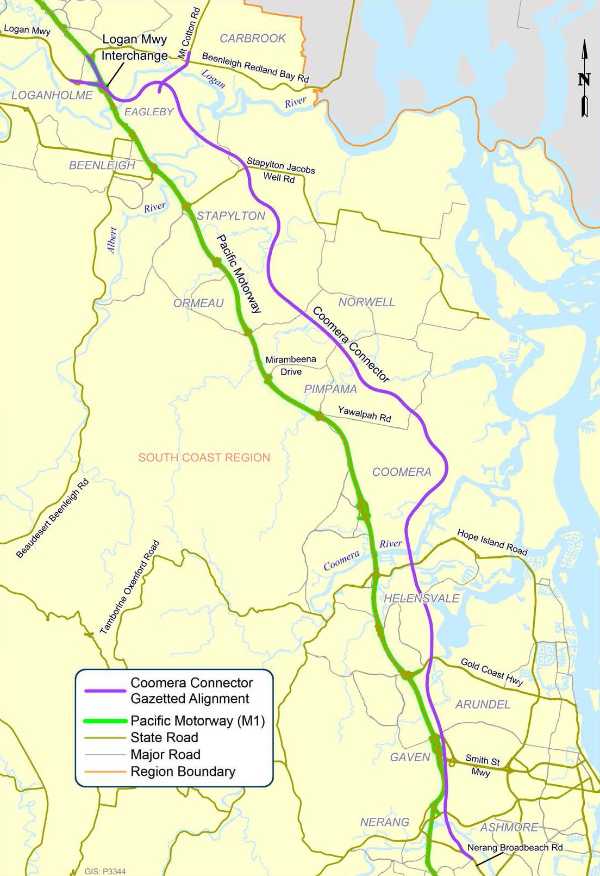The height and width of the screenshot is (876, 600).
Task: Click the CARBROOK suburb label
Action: click(x=253, y=38)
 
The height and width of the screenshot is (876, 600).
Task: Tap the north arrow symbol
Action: click(x=584, y=79)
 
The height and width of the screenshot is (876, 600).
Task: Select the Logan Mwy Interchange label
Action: click(x=134, y=48)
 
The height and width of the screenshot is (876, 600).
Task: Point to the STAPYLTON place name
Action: click(x=231, y=216)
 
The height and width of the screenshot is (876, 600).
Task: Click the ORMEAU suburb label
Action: click(x=198, y=303)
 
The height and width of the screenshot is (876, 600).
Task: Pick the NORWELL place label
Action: click(x=367, y=302)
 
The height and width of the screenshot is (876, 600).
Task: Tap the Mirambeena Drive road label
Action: click(x=291, y=365)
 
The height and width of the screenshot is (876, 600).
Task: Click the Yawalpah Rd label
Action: click(x=364, y=414)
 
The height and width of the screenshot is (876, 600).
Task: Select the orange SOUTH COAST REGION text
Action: click(x=204, y=457)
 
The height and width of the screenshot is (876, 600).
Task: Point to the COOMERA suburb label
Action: click(x=402, y=472)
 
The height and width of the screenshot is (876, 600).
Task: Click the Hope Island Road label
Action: click(x=492, y=542)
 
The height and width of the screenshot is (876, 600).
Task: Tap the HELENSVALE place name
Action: click(x=422, y=598)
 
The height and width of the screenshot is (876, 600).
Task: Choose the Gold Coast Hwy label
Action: click(x=492, y=672)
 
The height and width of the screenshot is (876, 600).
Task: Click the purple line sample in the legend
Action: click(x=105, y=691)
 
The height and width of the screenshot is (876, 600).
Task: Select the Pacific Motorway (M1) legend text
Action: click(x=198, y=721)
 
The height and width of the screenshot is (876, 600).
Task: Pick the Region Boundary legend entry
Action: click(x=183, y=772)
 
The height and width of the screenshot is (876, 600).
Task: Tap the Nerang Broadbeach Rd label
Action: click(x=515, y=847)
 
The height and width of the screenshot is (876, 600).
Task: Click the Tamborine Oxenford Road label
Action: click(x=130, y=587)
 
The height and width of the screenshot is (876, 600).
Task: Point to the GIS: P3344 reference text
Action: click(x=105, y=871)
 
